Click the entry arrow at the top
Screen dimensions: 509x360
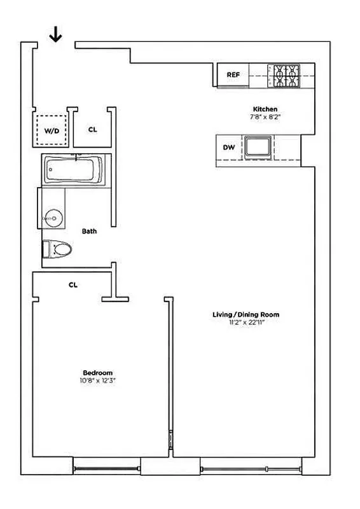click(56, 36)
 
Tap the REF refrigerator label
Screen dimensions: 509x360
click(233, 75)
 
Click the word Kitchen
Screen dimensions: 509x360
click(265, 109)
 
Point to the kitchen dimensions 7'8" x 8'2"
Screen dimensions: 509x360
click(265, 118)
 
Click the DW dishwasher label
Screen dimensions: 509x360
click(229, 148)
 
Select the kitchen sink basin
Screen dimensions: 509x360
click(259, 148)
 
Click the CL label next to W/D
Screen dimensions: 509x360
click(93, 129)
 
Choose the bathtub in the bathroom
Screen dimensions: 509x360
click(73, 170)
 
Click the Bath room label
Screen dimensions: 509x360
click(89, 231)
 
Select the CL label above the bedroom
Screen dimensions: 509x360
click(73, 285)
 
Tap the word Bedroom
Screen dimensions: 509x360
click(97, 373)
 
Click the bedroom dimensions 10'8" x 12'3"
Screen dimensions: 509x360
click(97, 381)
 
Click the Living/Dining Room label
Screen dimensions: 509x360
click(246, 315)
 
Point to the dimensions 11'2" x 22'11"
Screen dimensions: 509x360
click(246, 323)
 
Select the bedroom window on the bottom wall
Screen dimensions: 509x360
click(106, 469)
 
